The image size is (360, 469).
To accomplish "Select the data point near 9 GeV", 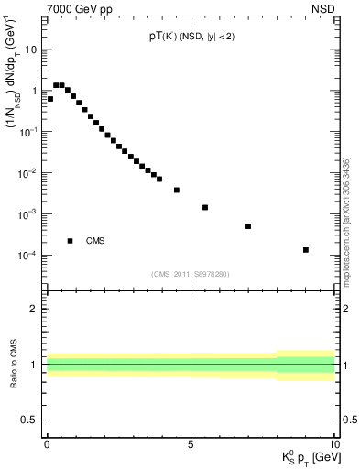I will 306,249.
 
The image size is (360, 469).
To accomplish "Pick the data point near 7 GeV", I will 248,226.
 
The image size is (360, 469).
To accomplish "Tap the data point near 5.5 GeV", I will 205,207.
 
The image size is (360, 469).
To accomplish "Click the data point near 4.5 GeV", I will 177,190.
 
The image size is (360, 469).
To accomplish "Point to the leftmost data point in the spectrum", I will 49,99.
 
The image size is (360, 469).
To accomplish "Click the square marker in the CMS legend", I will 71,241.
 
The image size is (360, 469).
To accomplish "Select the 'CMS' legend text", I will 95,241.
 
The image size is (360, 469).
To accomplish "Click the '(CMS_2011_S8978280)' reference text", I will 190,272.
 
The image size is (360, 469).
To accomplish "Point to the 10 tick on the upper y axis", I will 31,49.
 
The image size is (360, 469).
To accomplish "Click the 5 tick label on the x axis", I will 191,445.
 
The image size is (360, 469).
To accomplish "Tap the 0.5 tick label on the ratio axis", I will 30,420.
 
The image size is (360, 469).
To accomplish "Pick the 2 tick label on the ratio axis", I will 35,309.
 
